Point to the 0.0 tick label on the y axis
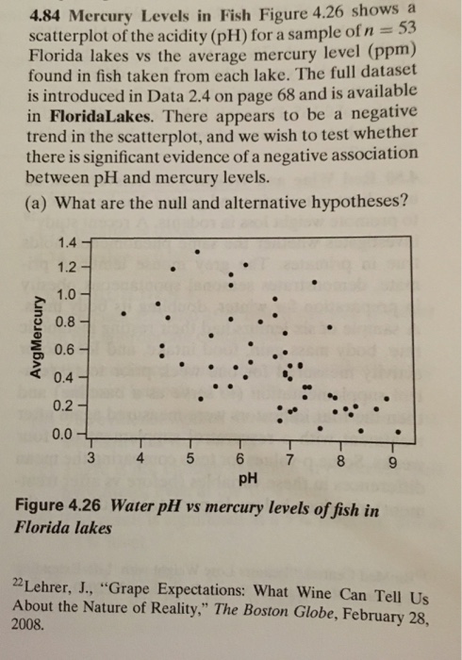65,435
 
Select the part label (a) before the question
41,200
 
